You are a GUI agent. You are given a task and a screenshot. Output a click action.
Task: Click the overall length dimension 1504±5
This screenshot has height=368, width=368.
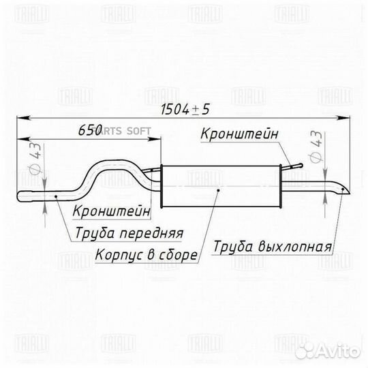click(185, 109)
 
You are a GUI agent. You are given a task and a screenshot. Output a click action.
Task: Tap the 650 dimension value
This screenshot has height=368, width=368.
click(90, 129)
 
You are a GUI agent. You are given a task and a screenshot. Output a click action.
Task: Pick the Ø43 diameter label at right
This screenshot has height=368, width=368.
click(316, 147)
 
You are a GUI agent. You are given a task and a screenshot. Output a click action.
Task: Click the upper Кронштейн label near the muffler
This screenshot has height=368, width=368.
click(239, 134)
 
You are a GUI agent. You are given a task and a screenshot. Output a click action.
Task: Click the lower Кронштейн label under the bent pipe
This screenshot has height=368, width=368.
click(112, 211)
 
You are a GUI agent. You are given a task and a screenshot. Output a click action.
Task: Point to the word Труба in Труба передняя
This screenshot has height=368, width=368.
click(95, 234)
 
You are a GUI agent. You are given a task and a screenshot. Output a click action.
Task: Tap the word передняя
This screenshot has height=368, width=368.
click(151, 233)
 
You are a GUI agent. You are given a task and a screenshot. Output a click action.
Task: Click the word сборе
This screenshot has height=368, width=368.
click(178, 255)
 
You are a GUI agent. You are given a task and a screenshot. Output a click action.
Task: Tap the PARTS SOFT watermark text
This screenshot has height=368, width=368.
click(122, 131)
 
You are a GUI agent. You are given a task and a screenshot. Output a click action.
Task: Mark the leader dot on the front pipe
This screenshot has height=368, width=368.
click(56, 196)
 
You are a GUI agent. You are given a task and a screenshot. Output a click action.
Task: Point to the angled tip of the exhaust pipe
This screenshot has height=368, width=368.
click(350, 194)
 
